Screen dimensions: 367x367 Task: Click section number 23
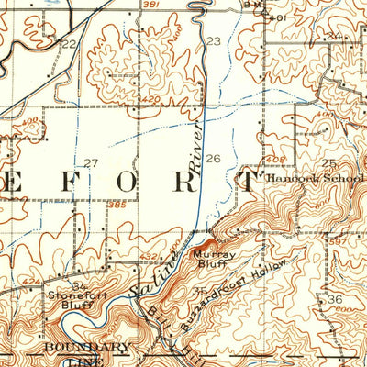213,41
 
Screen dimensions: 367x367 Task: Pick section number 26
213,159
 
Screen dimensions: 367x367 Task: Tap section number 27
91,163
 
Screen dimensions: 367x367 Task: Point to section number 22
67,43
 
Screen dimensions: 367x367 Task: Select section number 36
335,300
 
